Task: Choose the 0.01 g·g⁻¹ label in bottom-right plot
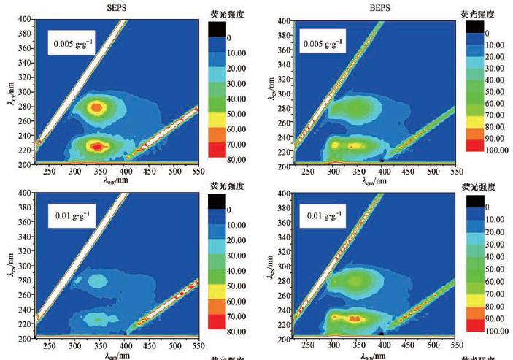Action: coord(320,216)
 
